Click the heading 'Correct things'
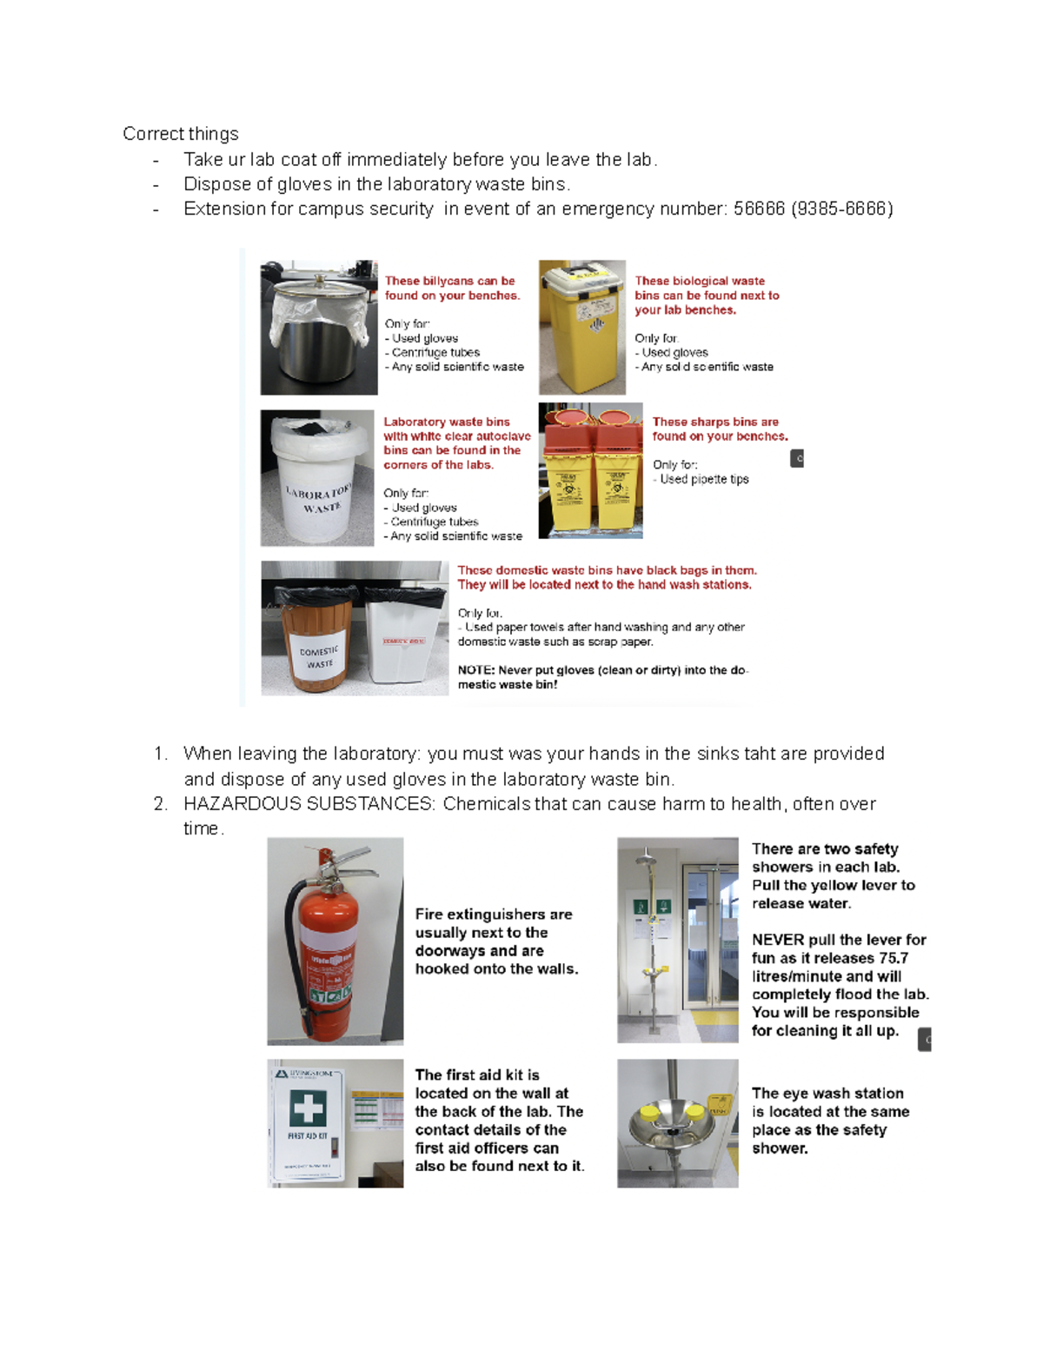pos(180,134)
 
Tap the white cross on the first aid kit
pos(308,1108)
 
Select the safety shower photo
pos(677,939)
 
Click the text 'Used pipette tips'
pos(704,479)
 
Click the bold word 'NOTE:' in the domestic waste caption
pos(476,670)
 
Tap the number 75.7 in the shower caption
pos(892,958)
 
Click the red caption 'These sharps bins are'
pos(715,422)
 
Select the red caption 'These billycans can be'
pos(449,281)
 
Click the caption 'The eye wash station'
pos(827,1093)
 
